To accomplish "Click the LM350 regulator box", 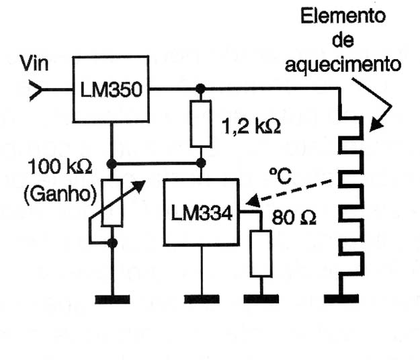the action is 111,89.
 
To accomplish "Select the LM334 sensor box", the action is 202,212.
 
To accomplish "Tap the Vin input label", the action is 34,63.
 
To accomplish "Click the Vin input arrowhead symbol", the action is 36,90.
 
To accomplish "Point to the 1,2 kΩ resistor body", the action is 201,124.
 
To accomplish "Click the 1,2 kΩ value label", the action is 251,126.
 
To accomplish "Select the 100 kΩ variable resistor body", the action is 112,203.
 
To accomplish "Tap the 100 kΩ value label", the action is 60,167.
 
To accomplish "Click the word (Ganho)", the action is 60,194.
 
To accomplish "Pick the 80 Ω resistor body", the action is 261,253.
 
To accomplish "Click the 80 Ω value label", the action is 294,217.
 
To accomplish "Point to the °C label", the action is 280,176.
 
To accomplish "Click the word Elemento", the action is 343,16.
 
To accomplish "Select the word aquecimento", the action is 343,65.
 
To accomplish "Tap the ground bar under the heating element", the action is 341,299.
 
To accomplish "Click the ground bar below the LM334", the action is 202,299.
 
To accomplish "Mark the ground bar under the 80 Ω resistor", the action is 261,299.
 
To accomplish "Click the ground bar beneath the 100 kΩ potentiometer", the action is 112,300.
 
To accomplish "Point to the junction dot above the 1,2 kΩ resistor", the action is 200,89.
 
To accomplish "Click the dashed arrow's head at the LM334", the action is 252,201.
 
